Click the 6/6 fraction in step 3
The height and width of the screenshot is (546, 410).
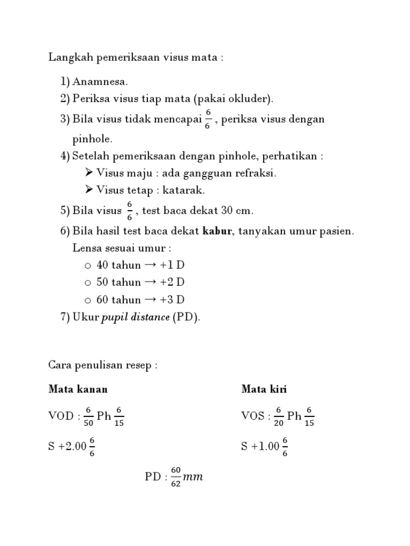208,119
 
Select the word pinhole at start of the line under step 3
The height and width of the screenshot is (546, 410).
92,139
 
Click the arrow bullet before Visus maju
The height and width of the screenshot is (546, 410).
89,173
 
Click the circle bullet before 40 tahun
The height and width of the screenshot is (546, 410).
88,266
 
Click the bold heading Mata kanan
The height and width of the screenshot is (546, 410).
78,389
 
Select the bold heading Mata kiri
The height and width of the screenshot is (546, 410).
264,389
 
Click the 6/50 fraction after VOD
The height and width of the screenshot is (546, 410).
89,416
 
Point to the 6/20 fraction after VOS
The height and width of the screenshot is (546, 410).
279,416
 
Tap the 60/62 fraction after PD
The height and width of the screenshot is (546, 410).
176,477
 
